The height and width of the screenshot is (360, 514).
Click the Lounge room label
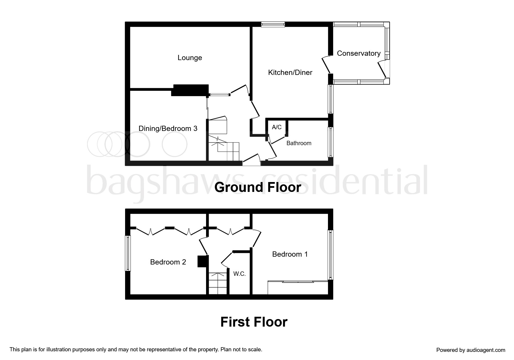[190, 58]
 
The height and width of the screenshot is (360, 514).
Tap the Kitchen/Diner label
[290, 72]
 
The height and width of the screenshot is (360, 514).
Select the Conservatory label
[358, 53]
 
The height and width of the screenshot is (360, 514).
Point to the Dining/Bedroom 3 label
[168, 128]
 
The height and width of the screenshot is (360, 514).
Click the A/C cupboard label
[277, 127]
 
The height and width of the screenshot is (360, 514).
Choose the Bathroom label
[299, 143]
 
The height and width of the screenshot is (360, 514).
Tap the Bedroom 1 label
[290, 254]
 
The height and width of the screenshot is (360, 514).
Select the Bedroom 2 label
[168, 262]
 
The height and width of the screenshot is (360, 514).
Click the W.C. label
[239, 274]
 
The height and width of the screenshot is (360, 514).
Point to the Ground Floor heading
[257, 187]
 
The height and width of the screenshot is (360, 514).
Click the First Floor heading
[254, 322]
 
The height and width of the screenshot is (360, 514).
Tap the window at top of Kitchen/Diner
[273, 25]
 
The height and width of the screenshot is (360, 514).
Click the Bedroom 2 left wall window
[128, 253]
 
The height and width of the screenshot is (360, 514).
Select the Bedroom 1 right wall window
[330, 255]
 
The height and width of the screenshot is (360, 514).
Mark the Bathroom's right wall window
[330, 142]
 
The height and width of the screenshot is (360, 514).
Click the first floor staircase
[218, 283]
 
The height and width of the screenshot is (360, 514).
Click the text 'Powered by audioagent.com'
[470, 350]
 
